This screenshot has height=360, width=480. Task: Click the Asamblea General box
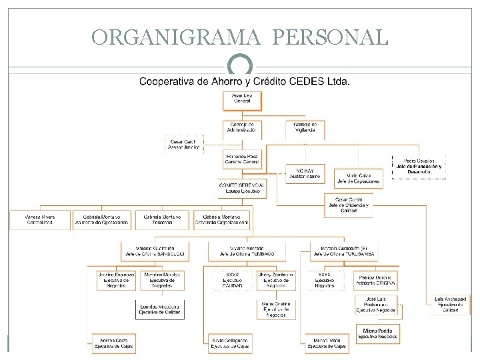(x=242, y=101)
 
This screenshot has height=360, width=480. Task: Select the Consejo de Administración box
(x=242, y=129)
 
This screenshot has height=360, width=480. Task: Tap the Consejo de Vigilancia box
(x=305, y=129)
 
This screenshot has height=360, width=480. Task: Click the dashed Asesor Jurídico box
(x=184, y=145)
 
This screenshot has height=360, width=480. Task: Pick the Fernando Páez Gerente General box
(x=242, y=159)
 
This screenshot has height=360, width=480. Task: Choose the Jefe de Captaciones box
(x=358, y=177)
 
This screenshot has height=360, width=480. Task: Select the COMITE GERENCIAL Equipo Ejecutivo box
(x=242, y=188)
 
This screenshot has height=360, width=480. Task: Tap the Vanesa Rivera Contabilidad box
(x=39, y=220)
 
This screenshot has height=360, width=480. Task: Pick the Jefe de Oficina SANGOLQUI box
(x=154, y=251)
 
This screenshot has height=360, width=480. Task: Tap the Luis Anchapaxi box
(x=451, y=305)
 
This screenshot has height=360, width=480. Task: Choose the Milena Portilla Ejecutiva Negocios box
(x=377, y=333)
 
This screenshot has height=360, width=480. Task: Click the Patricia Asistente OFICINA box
(x=377, y=280)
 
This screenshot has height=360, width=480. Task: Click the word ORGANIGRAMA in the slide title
(x=177, y=37)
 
